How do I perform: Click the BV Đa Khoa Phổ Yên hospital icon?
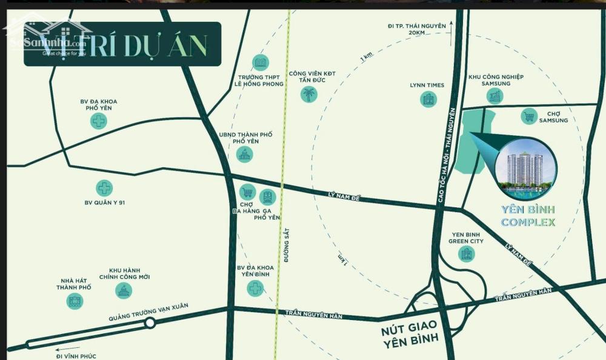click(x=98, y=121)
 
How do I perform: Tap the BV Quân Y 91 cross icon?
click(x=104, y=188)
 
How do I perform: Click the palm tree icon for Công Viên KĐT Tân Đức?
click(x=309, y=94)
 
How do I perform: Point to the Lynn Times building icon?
click(x=428, y=99)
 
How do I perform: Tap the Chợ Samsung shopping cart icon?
click(x=529, y=116)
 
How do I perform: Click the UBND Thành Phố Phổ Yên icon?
click(x=245, y=155)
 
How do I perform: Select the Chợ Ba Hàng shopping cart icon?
click(x=247, y=192)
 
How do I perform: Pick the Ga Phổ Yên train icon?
click(x=267, y=197)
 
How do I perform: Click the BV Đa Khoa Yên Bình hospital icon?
click(x=255, y=288)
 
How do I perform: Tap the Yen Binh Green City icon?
click(x=466, y=253)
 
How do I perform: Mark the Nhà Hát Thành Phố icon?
click(x=75, y=299)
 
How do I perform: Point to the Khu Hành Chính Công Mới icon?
click(x=124, y=290)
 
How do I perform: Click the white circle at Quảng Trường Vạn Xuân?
click(x=150, y=323)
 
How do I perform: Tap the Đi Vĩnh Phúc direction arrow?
click(x=60, y=348)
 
